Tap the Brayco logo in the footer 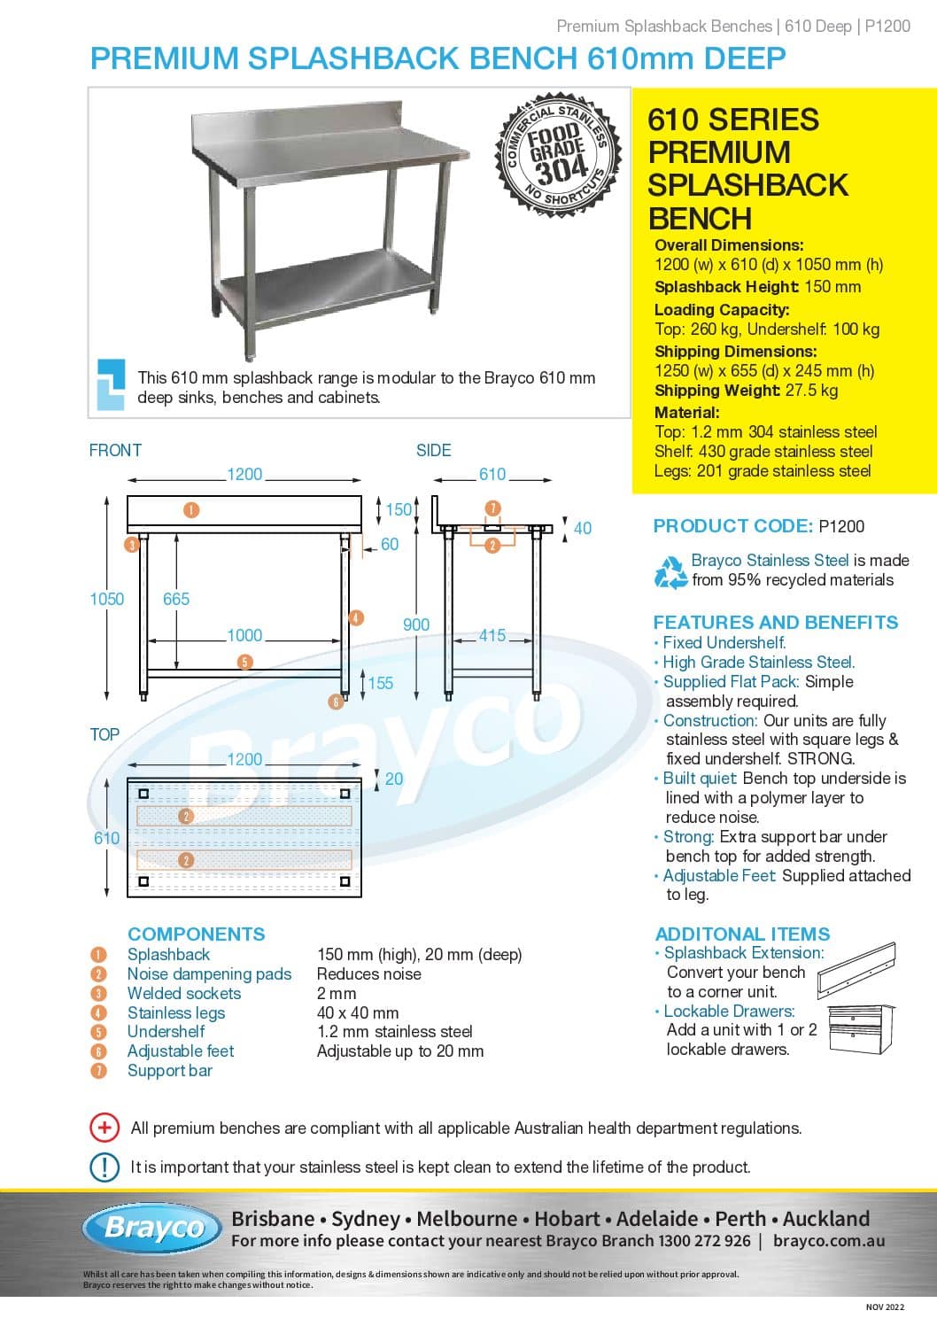coord(153,1228)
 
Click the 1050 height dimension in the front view coord(106,600)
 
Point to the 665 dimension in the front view coord(176,600)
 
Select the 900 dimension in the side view coord(416,624)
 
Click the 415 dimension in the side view coord(492,636)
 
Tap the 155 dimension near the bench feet coord(381,683)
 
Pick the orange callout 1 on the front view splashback coord(191,509)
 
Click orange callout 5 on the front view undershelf coord(245,661)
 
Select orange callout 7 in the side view coord(493,508)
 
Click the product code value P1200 coord(841,526)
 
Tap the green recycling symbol coord(670,571)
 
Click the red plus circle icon coord(105,1128)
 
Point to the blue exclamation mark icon coord(105,1167)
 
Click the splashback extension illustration coord(857,969)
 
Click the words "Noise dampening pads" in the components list coord(209,974)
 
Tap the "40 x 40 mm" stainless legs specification coord(358,1012)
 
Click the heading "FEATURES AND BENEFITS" coord(776,623)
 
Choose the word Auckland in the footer coord(826,1219)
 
